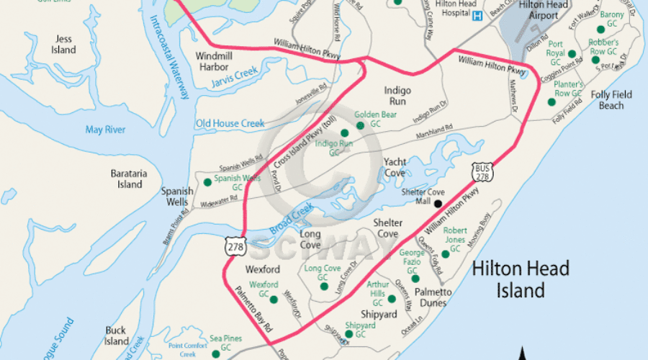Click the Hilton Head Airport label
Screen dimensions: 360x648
click(544, 10)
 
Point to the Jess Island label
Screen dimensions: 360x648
click(63, 45)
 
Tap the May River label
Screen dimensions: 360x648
click(105, 130)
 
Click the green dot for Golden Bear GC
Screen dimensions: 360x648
click(360, 125)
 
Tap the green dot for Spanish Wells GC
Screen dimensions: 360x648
click(208, 182)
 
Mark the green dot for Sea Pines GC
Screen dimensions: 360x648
click(215, 353)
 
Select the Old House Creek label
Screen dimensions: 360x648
click(230, 124)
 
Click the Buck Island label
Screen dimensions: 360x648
click(116, 336)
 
